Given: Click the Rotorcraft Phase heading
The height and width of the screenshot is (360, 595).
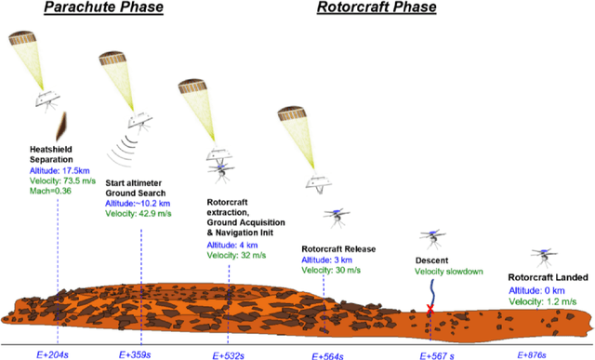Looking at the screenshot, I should (x=370, y=8).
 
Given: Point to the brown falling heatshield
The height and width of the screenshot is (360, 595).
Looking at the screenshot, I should (x=60, y=123).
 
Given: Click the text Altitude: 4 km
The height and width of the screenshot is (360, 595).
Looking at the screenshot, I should (x=231, y=245).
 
